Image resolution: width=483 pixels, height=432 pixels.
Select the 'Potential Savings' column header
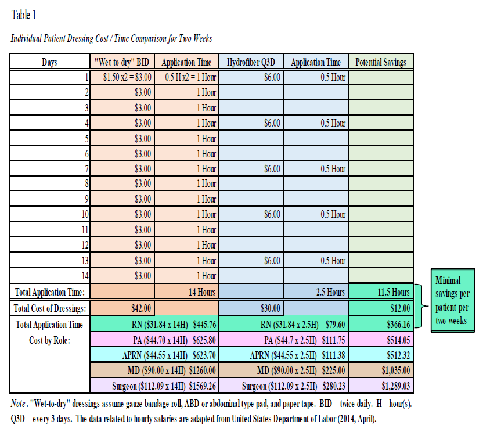click(x=380, y=62)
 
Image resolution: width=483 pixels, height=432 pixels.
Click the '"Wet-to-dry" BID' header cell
click(x=122, y=62)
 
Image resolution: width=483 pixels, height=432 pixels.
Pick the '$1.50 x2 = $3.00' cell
click(x=122, y=77)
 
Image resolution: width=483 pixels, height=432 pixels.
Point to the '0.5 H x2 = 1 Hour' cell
click(x=186, y=77)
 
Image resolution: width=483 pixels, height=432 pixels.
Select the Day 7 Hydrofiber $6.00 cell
click(x=272, y=169)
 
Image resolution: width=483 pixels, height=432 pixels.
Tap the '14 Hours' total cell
click(x=201, y=292)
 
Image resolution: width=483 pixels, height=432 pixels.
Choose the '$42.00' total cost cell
click(x=142, y=308)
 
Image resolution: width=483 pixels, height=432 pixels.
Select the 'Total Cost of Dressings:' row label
click(x=49, y=308)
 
